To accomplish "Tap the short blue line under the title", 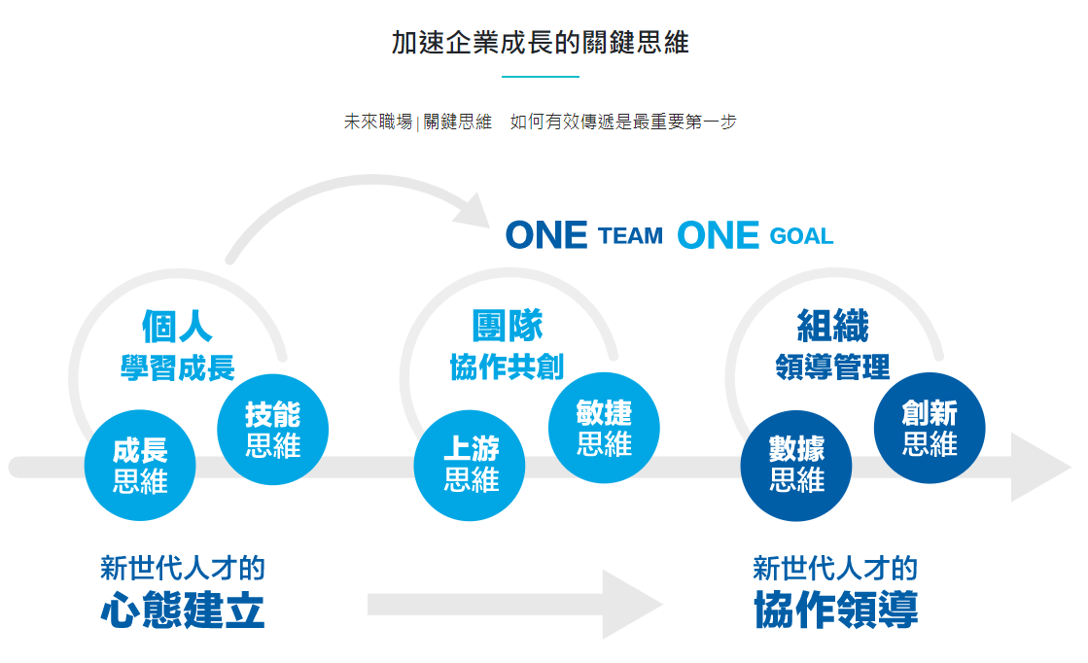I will pyautogui.click(x=540, y=76).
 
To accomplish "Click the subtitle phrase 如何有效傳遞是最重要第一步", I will pyautogui.click(x=623, y=122).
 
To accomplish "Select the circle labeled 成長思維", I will pyautogui.click(x=140, y=466).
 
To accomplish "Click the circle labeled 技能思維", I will pyautogui.click(x=273, y=429).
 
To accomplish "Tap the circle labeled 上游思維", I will pyautogui.click(x=471, y=465).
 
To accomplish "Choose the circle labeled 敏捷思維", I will pyautogui.click(x=604, y=428).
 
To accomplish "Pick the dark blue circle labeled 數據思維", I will pyautogui.click(x=796, y=465).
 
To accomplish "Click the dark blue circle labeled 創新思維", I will pyautogui.click(x=930, y=428).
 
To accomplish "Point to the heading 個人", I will pyautogui.click(x=177, y=327).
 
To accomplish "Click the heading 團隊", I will pyautogui.click(x=507, y=327).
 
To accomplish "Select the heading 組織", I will pyautogui.click(x=832, y=327).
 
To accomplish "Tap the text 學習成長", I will pyautogui.click(x=177, y=368).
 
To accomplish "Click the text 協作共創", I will pyautogui.click(x=507, y=367).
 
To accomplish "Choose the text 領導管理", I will pyautogui.click(x=832, y=367).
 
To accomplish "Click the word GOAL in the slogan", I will pyautogui.click(x=801, y=236).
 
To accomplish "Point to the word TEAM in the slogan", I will pyautogui.click(x=631, y=236).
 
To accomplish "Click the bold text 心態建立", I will pyautogui.click(x=183, y=611).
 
